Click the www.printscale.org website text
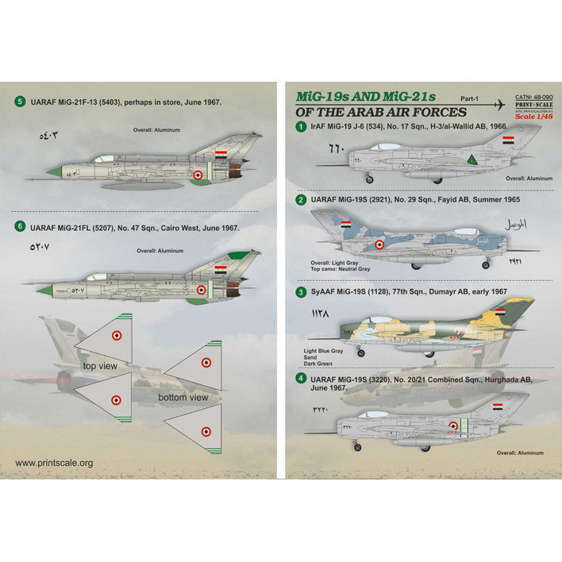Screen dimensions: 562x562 [x=54, y=463]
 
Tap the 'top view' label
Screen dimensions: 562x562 [x=100, y=366]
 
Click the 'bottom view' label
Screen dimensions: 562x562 [x=183, y=397]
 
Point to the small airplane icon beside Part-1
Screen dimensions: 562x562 [x=498, y=105]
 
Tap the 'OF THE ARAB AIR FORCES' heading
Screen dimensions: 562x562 [x=380, y=113]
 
